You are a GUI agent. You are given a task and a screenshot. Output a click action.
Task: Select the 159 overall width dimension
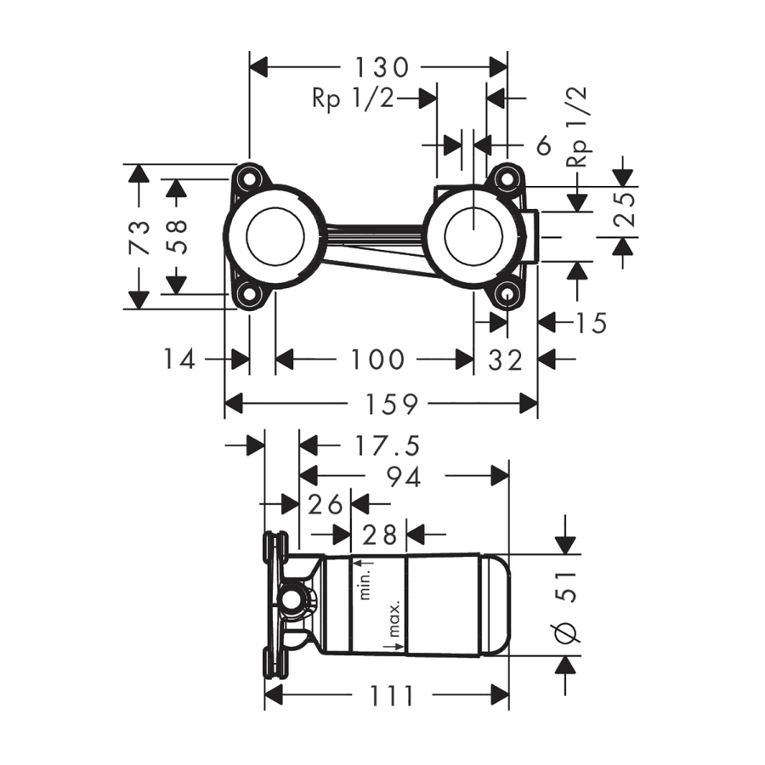tap(382, 405)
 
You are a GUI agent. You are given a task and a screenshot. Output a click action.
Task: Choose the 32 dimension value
tap(506, 360)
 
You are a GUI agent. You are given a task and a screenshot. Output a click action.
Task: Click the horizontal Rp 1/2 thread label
tap(353, 99)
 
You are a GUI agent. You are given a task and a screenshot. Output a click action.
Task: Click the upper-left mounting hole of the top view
tap(249, 178)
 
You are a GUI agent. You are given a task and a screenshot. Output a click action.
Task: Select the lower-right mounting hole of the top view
tap(507, 294)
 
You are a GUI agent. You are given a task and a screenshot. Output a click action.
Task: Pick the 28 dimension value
tap(380, 535)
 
